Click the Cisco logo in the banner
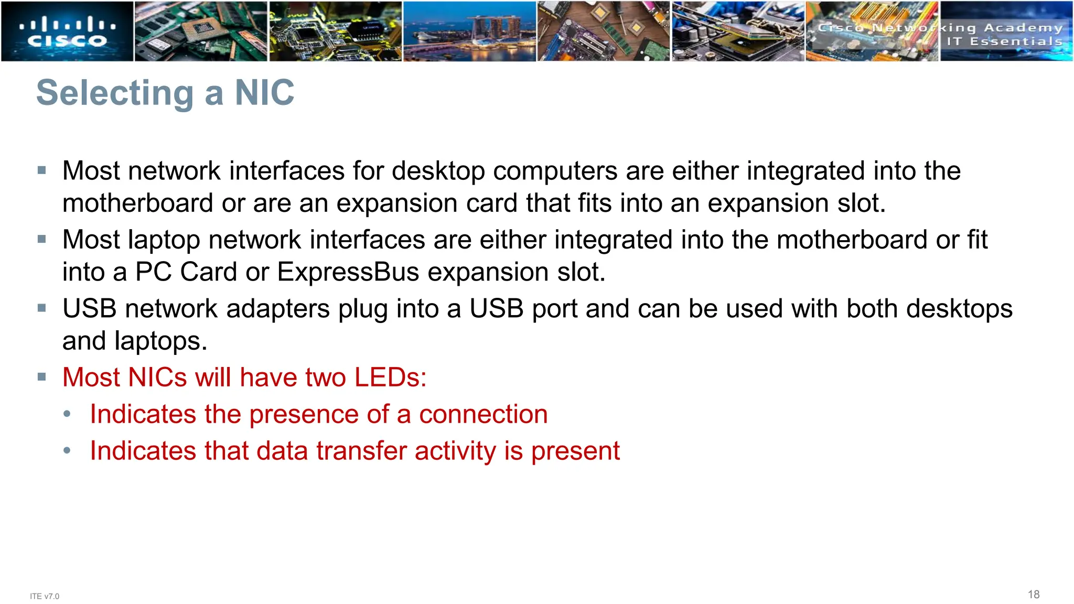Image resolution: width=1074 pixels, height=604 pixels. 67,31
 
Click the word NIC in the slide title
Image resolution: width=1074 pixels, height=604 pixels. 264,93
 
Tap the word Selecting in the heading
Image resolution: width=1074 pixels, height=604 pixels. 115,93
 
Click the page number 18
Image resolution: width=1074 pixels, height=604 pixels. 1033,594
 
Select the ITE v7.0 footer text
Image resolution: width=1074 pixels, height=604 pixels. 45,596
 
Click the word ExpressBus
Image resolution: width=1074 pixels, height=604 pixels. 348,272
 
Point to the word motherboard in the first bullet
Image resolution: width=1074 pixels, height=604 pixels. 137,203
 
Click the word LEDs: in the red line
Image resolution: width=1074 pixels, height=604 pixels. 390,377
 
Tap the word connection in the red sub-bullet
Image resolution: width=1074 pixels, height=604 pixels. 483,414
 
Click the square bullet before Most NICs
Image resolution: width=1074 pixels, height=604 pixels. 42,376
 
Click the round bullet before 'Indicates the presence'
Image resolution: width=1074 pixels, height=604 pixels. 67,414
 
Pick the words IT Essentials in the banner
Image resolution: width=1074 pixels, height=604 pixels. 1004,41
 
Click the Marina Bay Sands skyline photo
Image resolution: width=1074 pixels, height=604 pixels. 469,31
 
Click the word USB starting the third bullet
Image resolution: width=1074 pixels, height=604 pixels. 89,308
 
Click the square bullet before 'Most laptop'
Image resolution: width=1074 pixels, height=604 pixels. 42,239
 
